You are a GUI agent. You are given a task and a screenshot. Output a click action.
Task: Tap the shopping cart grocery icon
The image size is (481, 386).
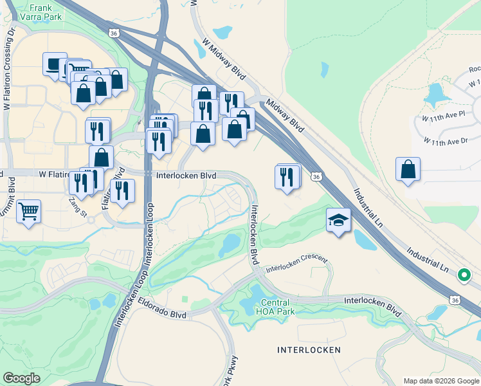tap(29, 211)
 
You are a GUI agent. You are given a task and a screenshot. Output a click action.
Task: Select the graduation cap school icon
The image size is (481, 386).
tap(338, 221)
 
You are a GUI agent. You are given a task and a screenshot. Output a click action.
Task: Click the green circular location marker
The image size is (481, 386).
tap(463, 275)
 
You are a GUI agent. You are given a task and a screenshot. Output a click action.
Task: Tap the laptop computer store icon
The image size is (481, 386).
tap(55, 64)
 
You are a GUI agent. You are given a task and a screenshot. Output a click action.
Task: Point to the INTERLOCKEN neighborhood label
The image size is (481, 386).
tap(308, 350)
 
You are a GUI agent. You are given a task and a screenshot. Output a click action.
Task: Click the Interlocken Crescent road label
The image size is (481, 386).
tap(296, 264)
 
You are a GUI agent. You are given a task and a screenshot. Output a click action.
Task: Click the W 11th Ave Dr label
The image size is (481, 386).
tap(445, 140)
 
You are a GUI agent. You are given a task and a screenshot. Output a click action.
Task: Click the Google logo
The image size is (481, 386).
tap(22, 378)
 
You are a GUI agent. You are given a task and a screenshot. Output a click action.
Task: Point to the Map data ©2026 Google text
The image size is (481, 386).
tap(440, 381)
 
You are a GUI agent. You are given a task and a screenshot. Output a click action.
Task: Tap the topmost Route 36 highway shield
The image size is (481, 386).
tap(113, 32)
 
